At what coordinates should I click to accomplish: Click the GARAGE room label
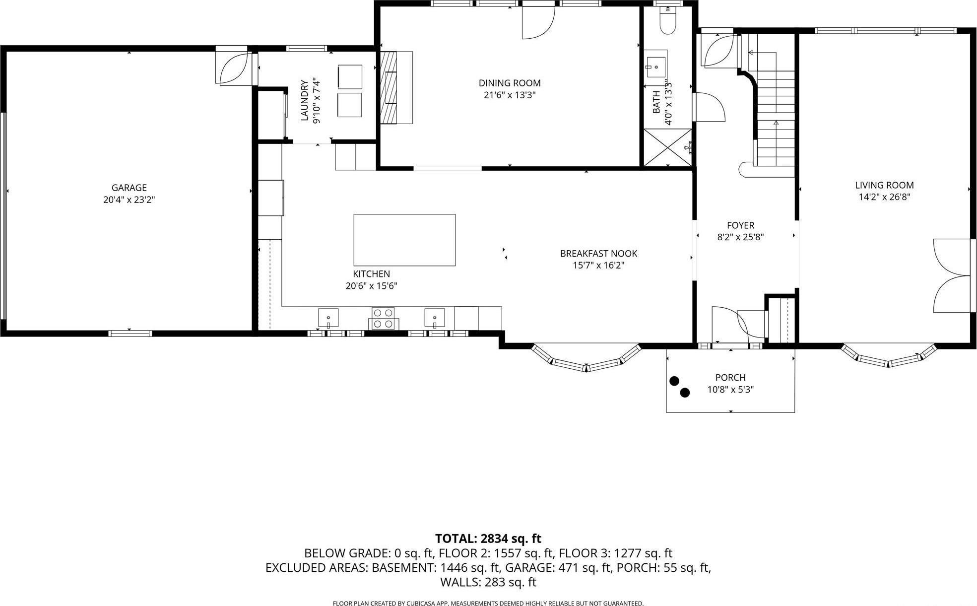pyautogui.click(x=129, y=188)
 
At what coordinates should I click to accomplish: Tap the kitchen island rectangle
pyautogui.click(x=404, y=240)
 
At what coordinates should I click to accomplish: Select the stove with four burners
pyautogui.click(x=384, y=318)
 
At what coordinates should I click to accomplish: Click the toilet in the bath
pyautogui.click(x=668, y=23)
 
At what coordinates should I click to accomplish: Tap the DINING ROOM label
pyautogui.click(x=510, y=83)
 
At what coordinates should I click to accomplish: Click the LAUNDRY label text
pyautogui.click(x=305, y=101)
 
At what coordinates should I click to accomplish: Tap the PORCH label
pyautogui.click(x=730, y=378)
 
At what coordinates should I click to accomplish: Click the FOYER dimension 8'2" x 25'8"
pyautogui.click(x=740, y=237)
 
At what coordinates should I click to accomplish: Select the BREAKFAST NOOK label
pyautogui.click(x=598, y=254)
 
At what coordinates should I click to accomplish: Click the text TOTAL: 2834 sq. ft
pyautogui.click(x=488, y=539)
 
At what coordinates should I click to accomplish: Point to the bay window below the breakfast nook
pyautogui.click(x=586, y=363)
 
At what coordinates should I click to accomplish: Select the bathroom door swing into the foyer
pyautogui.click(x=709, y=107)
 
